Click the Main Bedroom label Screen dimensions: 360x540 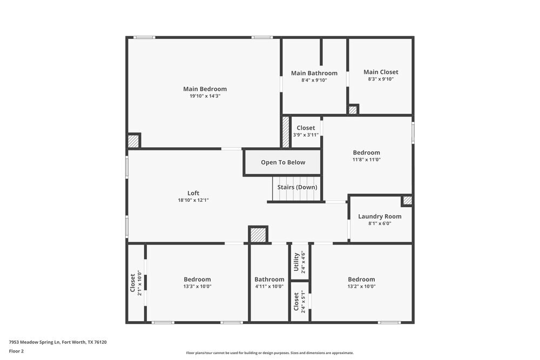pyautogui.click(x=205, y=89)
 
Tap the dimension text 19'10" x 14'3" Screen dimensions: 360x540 pyautogui.click(x=205, y=96)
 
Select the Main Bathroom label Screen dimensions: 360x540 pyautogui.click(x=314, y=73)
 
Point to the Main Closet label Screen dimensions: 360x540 pyautogui.click(x=381, y=72)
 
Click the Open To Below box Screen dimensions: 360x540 pyautogui.click(x=283, y=162)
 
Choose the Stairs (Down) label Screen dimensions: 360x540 pyautogui.click(x=297, y=187)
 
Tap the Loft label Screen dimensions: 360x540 pyautogui.click(x=193, y=193)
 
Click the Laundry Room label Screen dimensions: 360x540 pyautogui.click(x=380, y=216)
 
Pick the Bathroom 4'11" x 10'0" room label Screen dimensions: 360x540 pyautogui.click(x=269, y=280)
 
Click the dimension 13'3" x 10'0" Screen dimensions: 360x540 pyautogui.click(x=197, y=287)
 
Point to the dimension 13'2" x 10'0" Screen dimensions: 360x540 pyautogui.click(x=361, y=287)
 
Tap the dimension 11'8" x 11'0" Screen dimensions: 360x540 pyautogui.click(x=367, y=160)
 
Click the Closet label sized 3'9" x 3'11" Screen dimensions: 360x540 pyautogui.click(x=306, y=128)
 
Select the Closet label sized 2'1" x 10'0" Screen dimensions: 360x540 pyautogui.click(x=133, y=283)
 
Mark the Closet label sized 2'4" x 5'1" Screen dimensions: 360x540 pyautogui.click(x=296, y=302)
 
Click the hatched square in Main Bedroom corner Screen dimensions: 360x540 pyautogui.click(x=133, y=141)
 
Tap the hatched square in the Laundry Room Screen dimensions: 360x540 pyautogui.click(x=408, y=200)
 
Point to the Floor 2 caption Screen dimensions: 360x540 pyautogui.click(x=16, y=351)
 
